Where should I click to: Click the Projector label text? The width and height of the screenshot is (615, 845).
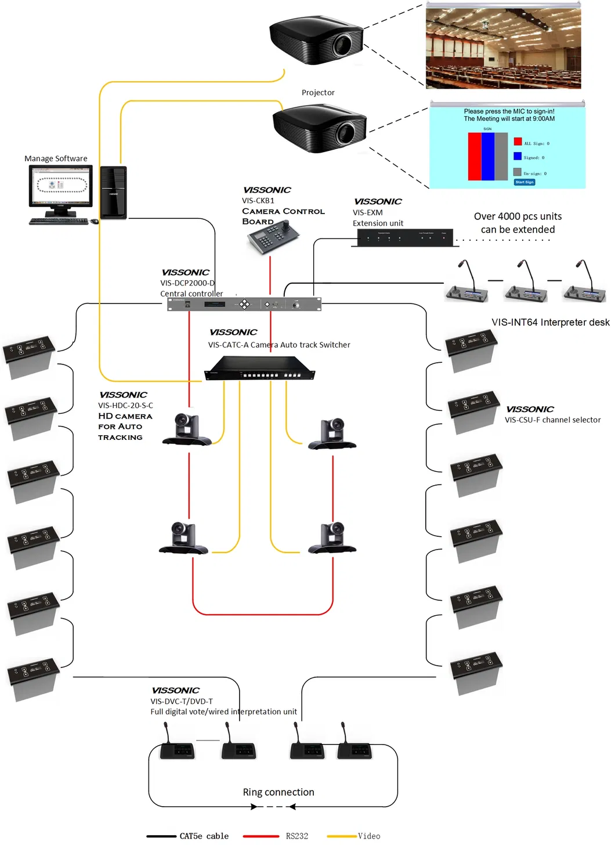click(318, 93)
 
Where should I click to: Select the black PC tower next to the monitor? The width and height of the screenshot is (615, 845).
click(113, 193)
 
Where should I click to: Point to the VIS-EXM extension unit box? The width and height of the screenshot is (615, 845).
click(404, 237)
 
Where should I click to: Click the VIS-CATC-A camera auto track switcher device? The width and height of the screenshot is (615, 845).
click(259, 369)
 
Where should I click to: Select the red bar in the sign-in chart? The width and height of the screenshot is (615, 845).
click(475, 157)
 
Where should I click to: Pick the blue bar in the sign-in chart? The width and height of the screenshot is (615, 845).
click(488, 157)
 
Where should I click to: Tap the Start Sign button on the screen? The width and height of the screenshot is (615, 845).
click(524, 182)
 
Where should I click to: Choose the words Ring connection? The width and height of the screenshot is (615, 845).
click(278, 792)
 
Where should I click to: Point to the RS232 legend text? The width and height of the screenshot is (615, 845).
click(296, 836)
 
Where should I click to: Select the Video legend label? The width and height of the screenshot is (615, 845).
click(369, 836)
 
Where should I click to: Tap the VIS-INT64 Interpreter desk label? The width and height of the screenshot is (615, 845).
click(550, 322)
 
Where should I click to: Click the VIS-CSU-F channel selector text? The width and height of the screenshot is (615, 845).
click(552, 420)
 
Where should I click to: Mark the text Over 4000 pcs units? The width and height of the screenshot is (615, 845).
click(518, 216)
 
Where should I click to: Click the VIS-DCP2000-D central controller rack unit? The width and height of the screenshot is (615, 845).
click(244, 304)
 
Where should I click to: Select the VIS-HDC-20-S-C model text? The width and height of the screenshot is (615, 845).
click(125, 406)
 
